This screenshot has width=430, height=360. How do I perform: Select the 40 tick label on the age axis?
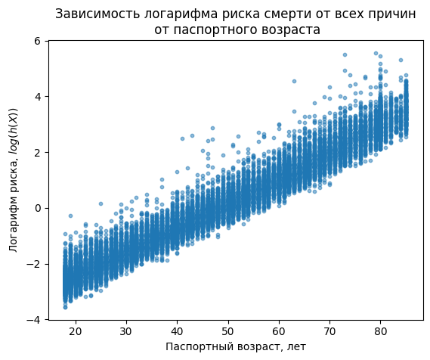(177, 331)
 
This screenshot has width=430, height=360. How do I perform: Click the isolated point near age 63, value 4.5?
(294, 81)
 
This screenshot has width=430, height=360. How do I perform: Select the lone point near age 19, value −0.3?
(71, 216)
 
